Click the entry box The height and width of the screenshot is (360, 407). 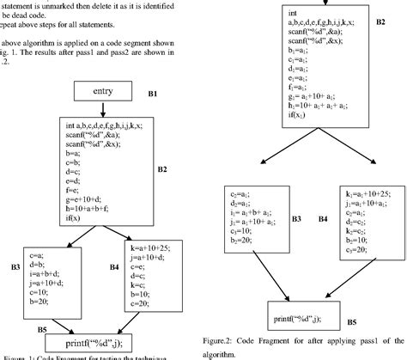pyautogui.click(x=102, y=89)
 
